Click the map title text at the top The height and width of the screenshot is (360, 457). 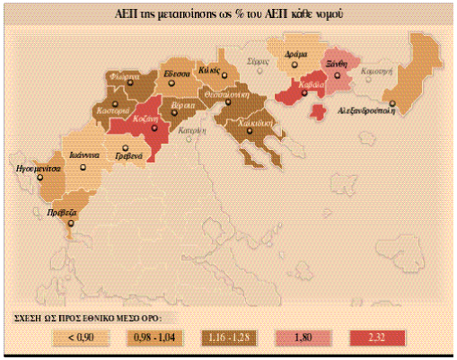228,15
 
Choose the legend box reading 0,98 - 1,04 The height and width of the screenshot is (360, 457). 154,338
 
